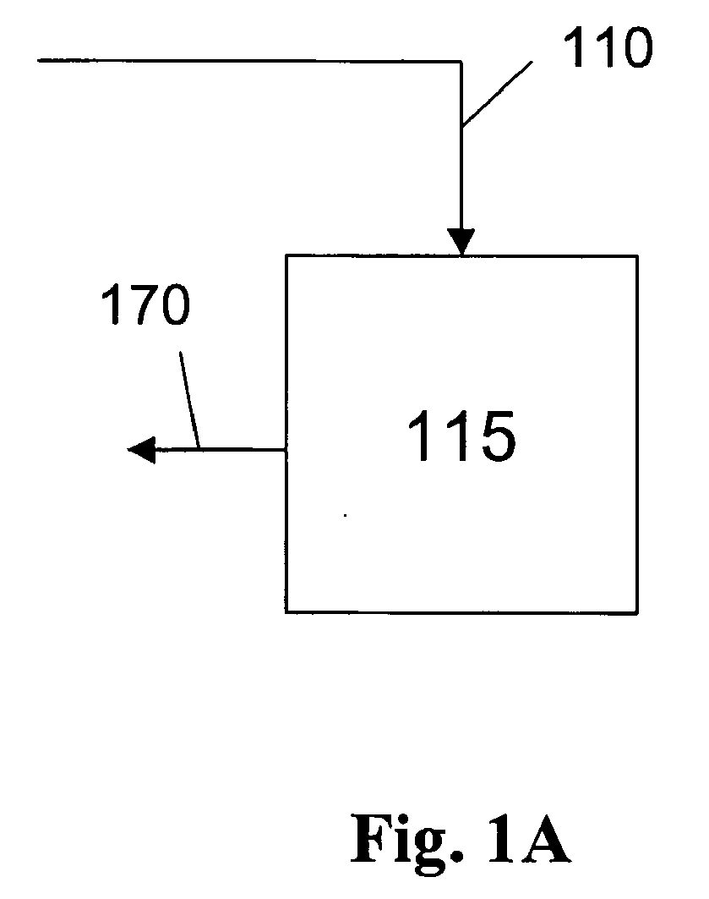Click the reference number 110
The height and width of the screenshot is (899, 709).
[608, 48]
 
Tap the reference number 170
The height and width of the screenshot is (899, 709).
[145, 305]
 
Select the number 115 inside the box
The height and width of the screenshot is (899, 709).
[461, 436]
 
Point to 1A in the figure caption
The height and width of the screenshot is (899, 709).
[530, 839]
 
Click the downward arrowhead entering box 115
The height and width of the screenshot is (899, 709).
[461, 241]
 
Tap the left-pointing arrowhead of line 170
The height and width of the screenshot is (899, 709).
[141, 450]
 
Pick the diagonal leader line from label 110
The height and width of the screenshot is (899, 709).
[497, 94]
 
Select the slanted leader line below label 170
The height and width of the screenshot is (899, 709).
[189, 400]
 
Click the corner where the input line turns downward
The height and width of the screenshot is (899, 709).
[461, 61]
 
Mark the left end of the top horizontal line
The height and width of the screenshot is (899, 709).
[38, 60]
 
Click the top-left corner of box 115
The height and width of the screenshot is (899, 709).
[286, 255]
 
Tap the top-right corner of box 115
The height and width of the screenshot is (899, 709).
[637, 256]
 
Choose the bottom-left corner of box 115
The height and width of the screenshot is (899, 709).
[286, 612]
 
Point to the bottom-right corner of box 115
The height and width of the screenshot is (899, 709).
[637, 613]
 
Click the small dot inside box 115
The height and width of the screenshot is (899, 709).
[345, 515]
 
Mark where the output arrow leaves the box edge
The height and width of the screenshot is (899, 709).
[286, 450]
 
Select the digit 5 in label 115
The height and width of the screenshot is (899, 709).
[497, 437]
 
